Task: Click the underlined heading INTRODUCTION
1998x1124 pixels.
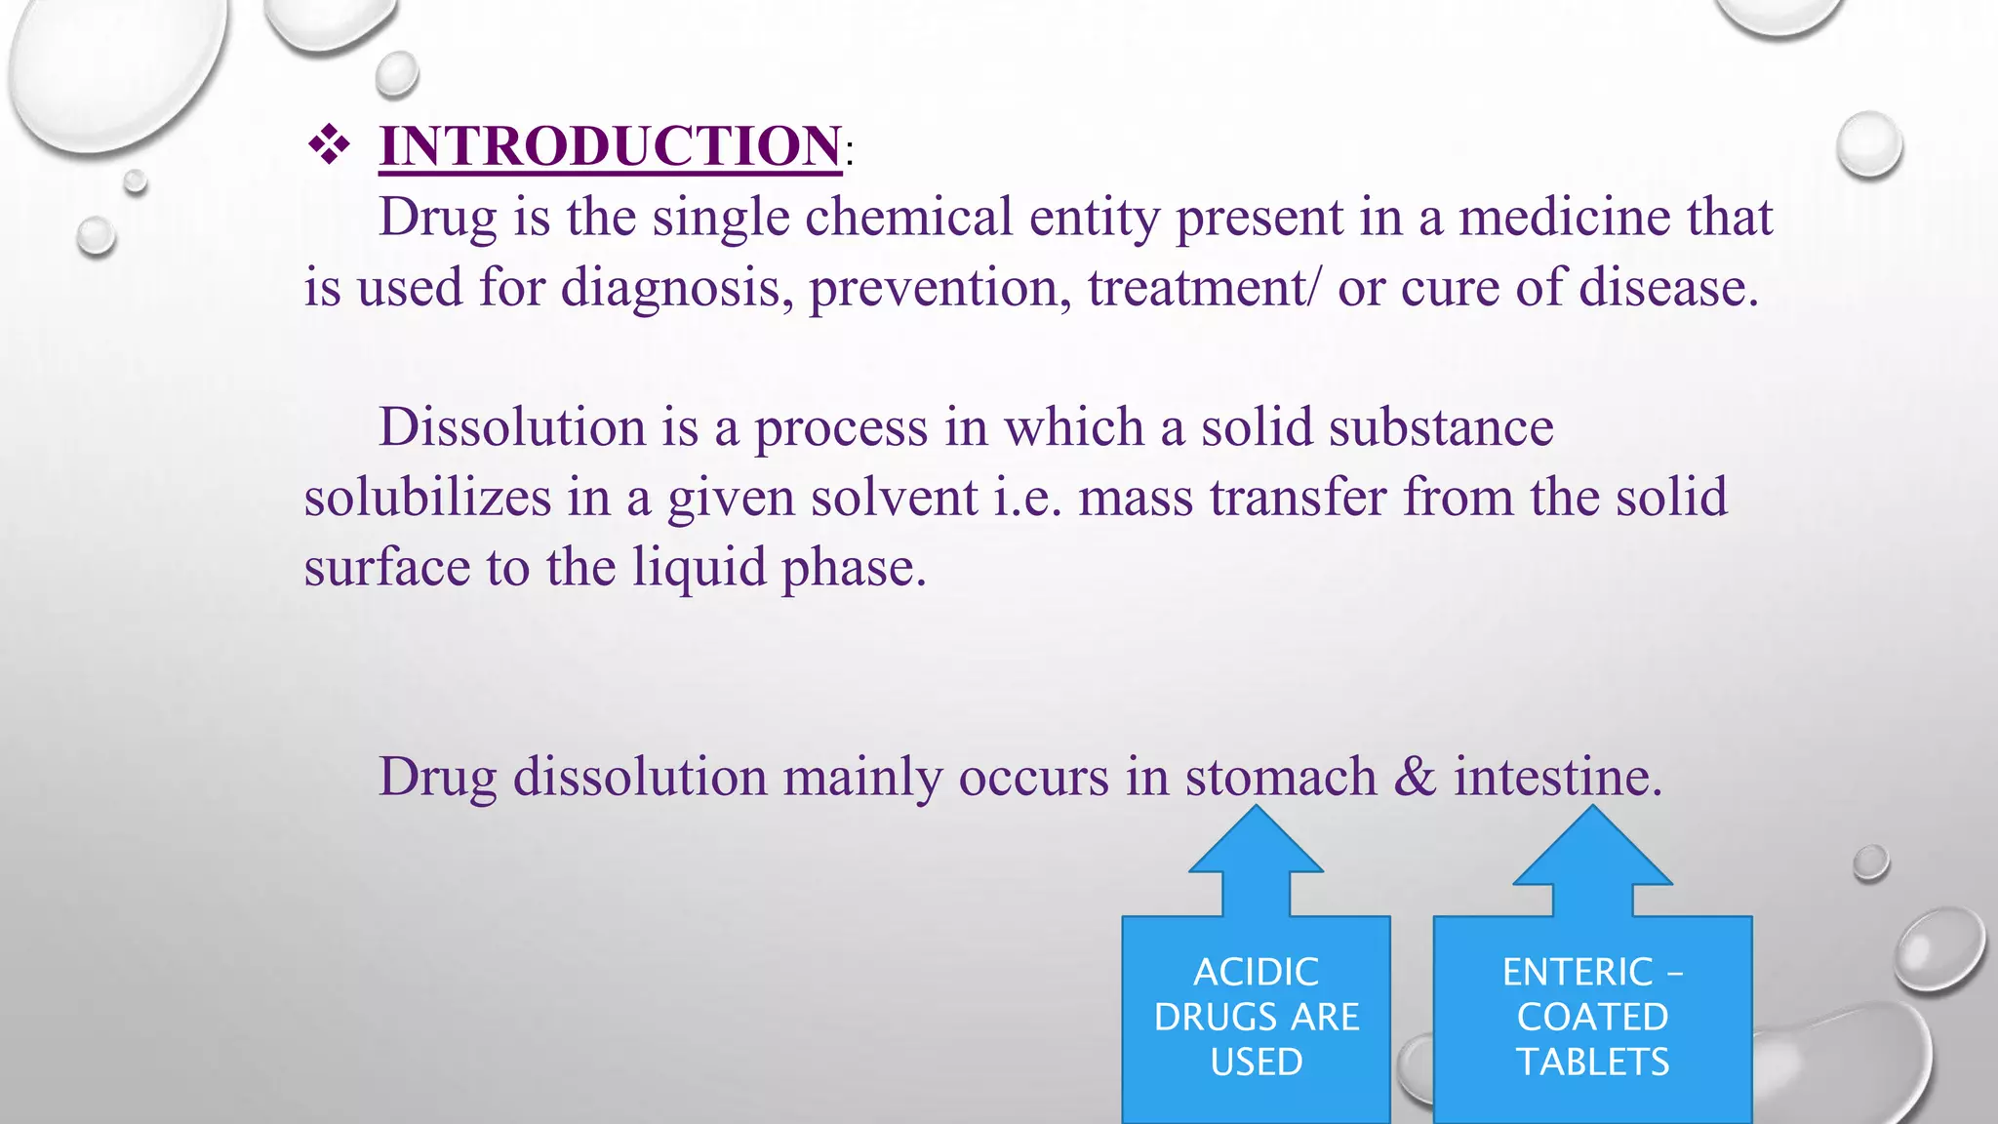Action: (610, 146)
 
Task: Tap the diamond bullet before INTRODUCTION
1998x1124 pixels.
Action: (329, 145)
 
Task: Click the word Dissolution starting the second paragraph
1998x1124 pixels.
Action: (512, 427)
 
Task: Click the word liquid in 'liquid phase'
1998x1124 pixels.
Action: (699, 568)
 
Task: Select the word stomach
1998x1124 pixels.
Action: (1281, 778)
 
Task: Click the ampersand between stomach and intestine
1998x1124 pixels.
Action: (1416, 778)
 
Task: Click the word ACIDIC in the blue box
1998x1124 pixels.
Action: (1256, 972)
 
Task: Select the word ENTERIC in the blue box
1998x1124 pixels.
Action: (1577, 972)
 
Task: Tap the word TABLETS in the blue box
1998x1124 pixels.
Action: (1592, 1062)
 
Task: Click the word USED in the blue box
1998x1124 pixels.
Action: (1256, 1062)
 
